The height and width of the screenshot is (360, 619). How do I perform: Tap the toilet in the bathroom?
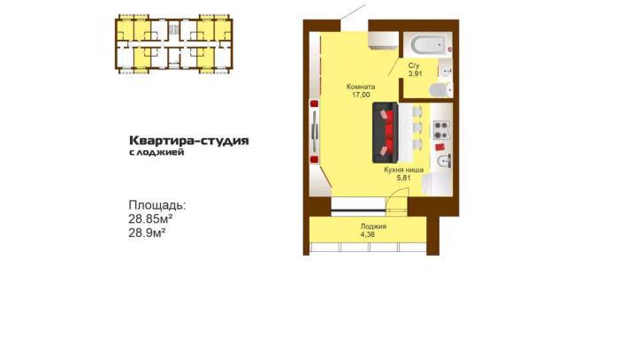point(440,90)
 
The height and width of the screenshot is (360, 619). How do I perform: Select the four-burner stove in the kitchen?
point(442,130)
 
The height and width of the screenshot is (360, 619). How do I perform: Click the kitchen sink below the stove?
point(444,161)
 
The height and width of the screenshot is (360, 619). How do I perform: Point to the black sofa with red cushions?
point(385,133)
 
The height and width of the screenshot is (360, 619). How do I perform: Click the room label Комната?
point(361,87)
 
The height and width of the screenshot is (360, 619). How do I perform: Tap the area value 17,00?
point(361,95)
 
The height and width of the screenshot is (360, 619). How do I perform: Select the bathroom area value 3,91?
point(416,73)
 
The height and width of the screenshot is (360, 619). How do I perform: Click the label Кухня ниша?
point(404,170)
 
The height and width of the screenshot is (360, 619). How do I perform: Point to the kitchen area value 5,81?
point(404,178)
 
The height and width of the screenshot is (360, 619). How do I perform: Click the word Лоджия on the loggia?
point(373,226)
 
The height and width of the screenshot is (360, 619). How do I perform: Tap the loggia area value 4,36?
point(368,234)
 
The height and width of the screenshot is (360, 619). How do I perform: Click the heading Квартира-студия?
point(189,141)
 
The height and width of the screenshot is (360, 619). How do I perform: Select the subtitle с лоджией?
point(157,152)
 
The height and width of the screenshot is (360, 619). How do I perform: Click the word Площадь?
point(157,205)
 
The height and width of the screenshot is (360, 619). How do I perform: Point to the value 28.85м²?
point(150,218)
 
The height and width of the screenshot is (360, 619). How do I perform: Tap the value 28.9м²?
point(147,233)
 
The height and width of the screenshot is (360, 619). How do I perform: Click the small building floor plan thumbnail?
point(174,44)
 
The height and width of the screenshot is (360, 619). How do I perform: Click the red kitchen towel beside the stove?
point(440,147)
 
